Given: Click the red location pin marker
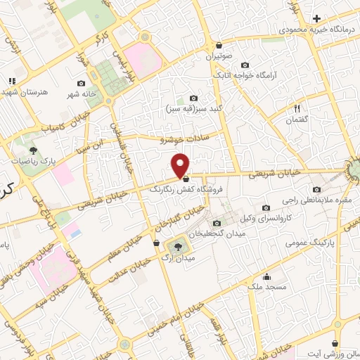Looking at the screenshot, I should pyautogui.click(x=181, y=165).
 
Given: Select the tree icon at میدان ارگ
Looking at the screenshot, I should pyautogui.click(x=176, y=246).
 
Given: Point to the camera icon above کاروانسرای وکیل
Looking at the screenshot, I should pyautogui.click(x=266, y=207).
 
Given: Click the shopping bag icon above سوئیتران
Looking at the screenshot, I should pyautogui.click(x=219, y=44).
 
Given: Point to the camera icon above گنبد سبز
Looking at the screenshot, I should pyautogui.click(x=193, y=98).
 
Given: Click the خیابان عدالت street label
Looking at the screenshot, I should pyautogui.click(x=133, y=267).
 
